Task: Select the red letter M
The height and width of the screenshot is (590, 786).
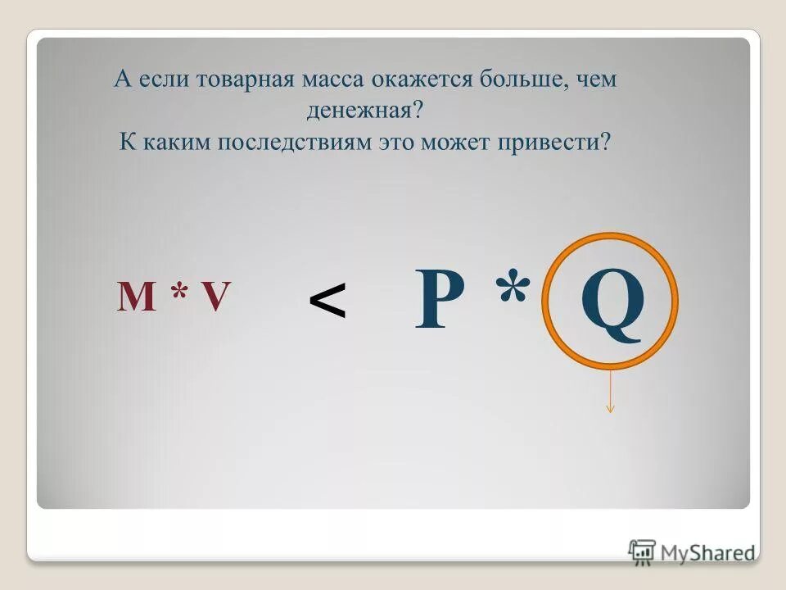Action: coord(137,297)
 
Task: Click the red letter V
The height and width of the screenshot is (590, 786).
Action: coord(215,297)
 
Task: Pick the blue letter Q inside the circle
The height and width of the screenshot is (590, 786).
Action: coord(612,303)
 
